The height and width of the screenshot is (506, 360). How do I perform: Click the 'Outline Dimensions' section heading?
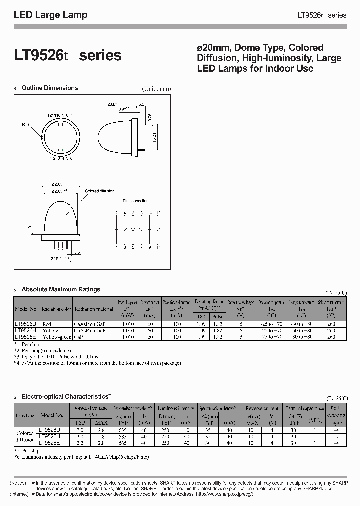[49, 88]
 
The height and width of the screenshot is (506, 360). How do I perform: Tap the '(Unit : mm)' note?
[156, 89]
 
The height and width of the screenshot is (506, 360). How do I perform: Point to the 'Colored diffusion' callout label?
[100, 191]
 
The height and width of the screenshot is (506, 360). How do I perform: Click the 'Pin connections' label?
[136, 201]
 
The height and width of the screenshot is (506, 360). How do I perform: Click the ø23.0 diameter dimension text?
[59, 184]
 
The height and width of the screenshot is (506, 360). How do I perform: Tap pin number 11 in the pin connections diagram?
[159, 247]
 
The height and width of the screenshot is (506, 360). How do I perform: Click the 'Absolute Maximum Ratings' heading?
[61, 289]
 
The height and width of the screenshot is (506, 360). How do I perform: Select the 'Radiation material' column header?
[94, 309]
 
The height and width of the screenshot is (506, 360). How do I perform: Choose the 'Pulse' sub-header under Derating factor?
[217, 316]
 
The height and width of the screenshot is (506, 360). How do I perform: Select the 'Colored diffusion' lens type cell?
[25, 436]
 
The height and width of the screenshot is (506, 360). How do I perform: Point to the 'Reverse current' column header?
[263, 408]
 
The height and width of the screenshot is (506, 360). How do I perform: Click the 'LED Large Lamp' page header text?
[50, 15]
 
